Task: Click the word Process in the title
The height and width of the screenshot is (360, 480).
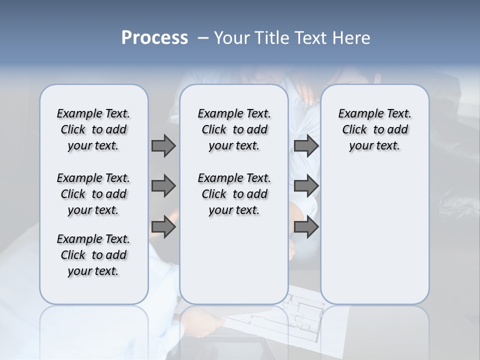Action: [x=154, y=38]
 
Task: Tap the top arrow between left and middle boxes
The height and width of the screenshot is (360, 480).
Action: [x=163, y=146]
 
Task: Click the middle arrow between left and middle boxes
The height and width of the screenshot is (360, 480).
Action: [x=163, y=186]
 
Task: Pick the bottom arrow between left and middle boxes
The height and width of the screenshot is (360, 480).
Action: [x=163, y=227]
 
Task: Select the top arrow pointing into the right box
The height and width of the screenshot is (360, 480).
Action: [x=306, y=146]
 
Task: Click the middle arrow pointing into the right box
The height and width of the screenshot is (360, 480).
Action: [x=306, y=186]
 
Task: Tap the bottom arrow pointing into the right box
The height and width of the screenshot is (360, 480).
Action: [x=306, y=227]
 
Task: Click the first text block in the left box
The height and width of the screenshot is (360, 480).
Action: [x=93, y=129]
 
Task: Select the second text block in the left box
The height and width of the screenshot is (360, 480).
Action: [x=93, y=194]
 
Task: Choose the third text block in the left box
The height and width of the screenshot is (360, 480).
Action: [x=93, y=255]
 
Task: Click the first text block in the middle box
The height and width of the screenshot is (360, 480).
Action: [x=234, y=129]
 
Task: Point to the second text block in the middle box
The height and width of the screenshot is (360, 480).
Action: [x=234, y=194]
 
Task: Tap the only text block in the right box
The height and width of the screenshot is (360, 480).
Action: [x=374, y=129]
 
